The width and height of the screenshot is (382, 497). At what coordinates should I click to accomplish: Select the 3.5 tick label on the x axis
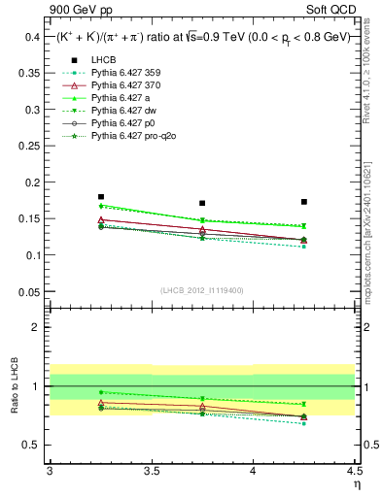click(x=151, y=471)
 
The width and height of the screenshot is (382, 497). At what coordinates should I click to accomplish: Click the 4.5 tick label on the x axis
click(x=354, y=471)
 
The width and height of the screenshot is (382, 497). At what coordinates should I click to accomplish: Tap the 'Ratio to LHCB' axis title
click(x=13, y=387)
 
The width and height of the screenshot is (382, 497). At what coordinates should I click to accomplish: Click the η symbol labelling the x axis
click(x=355, y=484)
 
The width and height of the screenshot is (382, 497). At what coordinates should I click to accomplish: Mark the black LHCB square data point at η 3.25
click(x=100, y=196)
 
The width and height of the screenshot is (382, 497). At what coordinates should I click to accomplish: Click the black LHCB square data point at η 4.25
click(x=304, y=202)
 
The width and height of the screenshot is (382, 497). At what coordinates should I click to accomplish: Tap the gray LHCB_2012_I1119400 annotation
click(x=202, y=290)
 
